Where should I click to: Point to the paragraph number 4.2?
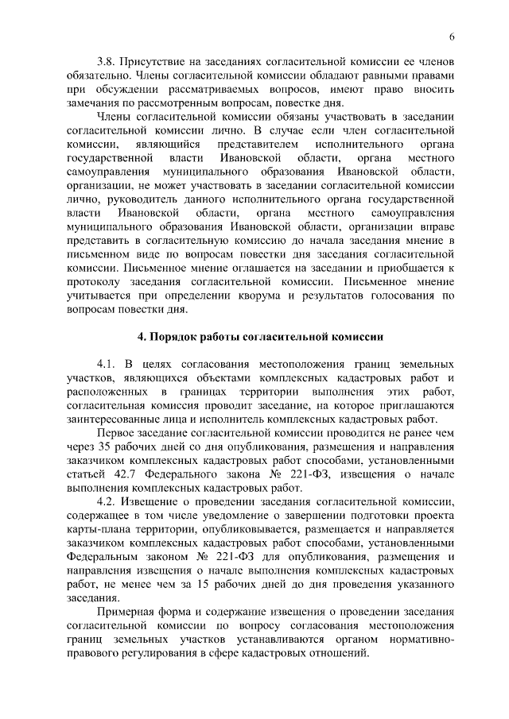pyautogui.click(x=108, y=503)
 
